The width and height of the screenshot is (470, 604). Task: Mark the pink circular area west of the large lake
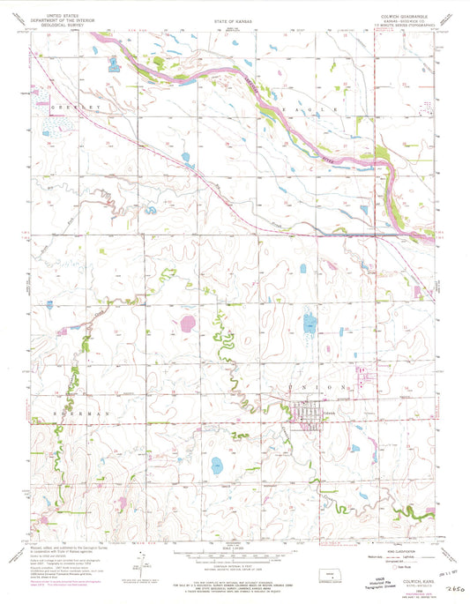point(187,324)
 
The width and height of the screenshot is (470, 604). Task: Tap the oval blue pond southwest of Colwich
point(215,466)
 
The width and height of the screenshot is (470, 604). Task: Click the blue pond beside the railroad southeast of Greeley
point(186,160)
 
